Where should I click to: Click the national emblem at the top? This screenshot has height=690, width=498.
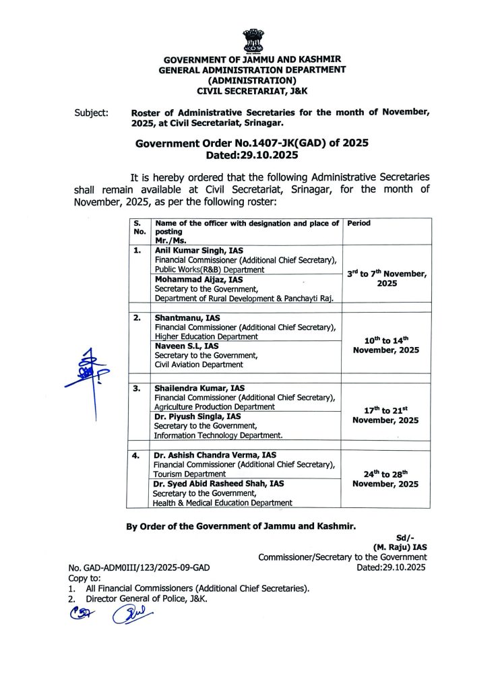pos(253,40)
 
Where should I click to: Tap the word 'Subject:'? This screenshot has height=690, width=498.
pos(91,113)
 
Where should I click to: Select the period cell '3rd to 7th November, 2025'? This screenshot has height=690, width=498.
pos(386,278)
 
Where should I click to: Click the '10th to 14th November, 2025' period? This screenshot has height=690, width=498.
pos(386,345)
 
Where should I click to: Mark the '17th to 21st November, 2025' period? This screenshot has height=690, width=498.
pos(386,415)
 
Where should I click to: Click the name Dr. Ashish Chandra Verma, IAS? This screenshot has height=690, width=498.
pos(214,456)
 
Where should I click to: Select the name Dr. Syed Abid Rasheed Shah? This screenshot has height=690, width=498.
pos(218,484)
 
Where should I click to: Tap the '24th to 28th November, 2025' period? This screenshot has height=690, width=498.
pos(386,478)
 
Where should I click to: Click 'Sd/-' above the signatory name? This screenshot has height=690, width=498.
pos(404,537)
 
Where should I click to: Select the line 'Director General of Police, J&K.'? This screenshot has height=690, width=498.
pos(146,598)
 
